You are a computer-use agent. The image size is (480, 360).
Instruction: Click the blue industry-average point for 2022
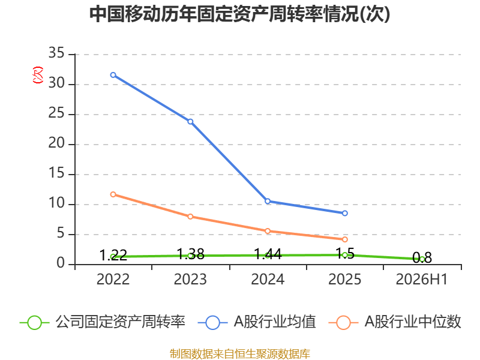[x=113, y=75]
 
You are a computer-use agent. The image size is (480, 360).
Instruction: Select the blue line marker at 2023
[x=190, y=122]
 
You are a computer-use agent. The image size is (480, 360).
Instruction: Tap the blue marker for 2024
[x=268, y=201]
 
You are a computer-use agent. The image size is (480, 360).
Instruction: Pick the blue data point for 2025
[x=344, y=213]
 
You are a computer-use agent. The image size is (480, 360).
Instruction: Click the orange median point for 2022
[x=113, y=194]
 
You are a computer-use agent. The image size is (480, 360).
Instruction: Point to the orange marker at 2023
[x=190, y=217]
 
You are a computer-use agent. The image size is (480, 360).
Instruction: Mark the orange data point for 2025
[x=344, y=239]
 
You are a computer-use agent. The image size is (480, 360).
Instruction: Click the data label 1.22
[x=113, y=255]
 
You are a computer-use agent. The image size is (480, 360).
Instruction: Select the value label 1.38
[x=190, y=254]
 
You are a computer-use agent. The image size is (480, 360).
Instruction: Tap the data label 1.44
[x=268, y=254]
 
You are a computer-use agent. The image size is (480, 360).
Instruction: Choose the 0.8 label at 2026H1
[x=422, y=257]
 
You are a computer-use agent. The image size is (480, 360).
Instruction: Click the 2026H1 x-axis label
[x=422, y=279]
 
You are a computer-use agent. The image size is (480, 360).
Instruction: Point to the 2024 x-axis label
[x=268, y=279]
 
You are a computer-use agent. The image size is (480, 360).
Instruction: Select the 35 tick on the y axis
[x=56, y=53]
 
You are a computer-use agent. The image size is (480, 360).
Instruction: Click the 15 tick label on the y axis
[x=56, y=173]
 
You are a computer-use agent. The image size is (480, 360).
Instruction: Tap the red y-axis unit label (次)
[x=38, y=75]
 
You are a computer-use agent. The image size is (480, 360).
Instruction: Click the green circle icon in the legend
[x=34, y=323]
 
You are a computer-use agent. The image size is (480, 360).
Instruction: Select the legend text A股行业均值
[x=275, y=322]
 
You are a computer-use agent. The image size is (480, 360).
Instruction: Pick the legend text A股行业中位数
[x=413, y=322]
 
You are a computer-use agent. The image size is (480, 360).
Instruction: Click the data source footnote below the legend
[x=240, y=354]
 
